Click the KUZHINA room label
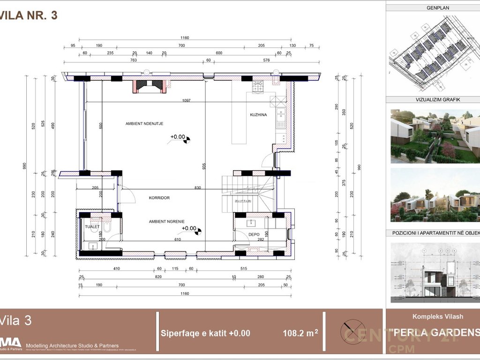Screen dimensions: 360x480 tap(258, 115)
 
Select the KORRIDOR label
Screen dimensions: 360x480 tap(159, 198)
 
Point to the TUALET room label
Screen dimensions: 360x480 tap(92, 226)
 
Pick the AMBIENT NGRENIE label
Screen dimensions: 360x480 tap(166, 221)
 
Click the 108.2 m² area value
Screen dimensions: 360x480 tap(300, 333)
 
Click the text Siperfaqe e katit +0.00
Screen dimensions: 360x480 tap(205, 333)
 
